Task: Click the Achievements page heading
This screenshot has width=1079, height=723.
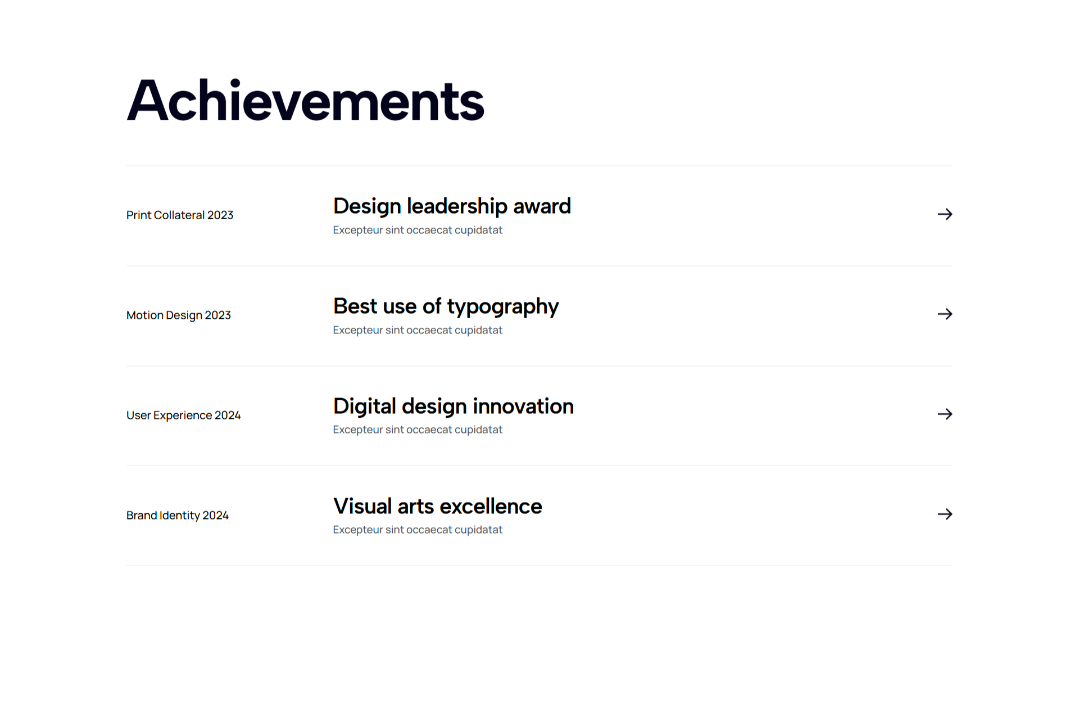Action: (x=305, y=100)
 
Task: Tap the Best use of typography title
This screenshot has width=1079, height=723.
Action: (x=446, y=307)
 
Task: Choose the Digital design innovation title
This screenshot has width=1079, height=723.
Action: (x=454, y=406)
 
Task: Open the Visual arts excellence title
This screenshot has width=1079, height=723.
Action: (x=437, y=506)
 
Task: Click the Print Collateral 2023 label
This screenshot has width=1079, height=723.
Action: (x=180, y=215)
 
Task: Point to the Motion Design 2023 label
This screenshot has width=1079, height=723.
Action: (x=179, y=315)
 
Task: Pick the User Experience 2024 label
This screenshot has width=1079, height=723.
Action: (x=183, y=415)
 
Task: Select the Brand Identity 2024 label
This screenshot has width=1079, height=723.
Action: (x=178, y=516)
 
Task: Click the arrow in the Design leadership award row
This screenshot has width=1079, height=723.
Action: (x=945, y=214)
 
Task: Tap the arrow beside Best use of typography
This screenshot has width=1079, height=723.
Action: (x=945, y=314)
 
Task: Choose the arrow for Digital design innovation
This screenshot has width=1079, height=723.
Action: (x=945, y=414)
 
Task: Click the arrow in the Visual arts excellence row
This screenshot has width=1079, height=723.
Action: (x=945, y=514)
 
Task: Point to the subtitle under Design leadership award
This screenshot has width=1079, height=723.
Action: (x=418, y=230)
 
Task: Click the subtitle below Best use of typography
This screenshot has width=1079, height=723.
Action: (x=418, y=330)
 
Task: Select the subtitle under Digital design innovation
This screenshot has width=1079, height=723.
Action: (x=418, y=430)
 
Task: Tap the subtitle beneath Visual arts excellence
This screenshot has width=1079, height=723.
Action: (x=418, y=530)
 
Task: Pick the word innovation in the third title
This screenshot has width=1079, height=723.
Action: (x=523, y=406)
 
